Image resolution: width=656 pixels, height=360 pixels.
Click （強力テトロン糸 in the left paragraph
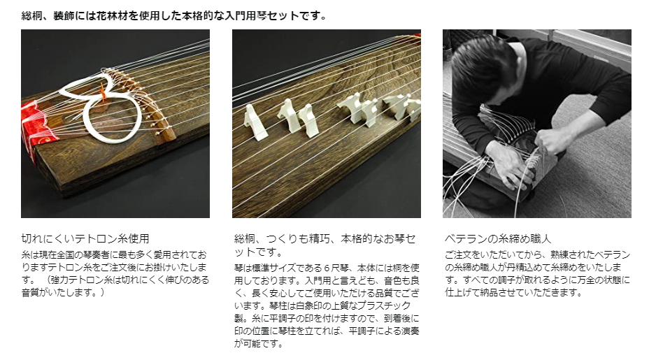pos(78,280)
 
